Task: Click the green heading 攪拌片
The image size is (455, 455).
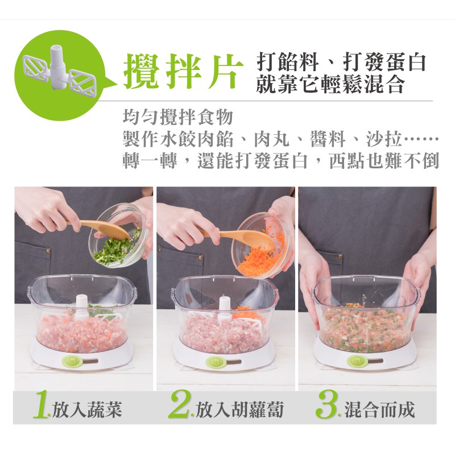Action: pyautogui.click(x=183, y=71)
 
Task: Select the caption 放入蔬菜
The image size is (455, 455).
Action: pyautogui.click(x=87, y=409)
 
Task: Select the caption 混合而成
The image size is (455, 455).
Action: pyautogui.click(x=379, y=409)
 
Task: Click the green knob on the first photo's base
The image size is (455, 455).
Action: pyautogui.click(x=71, y=362)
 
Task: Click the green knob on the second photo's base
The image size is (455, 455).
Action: pyautogui.click(x=215, y=362)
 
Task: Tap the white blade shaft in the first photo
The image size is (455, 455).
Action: pyautogui.click(x=81, y=308)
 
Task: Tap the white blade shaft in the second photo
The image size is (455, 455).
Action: pyautogui.click(x=225, y=308)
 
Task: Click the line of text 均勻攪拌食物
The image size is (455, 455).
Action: pyautogui.click(x=178, y=117)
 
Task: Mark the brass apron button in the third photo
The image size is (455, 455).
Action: pyautogui.click(x=340, y=257)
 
